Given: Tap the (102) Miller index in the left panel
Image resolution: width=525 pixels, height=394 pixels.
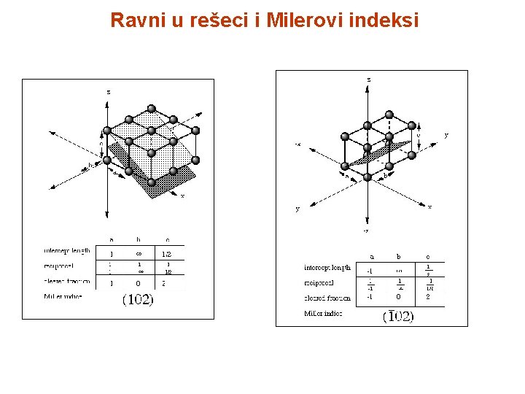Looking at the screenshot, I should [137, 300].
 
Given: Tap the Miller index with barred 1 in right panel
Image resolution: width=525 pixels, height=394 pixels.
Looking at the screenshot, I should [397, 316].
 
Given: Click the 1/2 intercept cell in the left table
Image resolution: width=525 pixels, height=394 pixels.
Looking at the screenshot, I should [167, 253].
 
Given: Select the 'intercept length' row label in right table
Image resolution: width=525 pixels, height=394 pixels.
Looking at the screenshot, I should [327, 267].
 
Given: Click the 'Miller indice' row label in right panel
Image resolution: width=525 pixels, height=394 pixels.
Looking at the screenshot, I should [323, 314].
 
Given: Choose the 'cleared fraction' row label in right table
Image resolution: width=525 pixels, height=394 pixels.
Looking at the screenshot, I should [327, 298].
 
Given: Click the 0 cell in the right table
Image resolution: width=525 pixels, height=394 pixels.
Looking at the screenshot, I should [399, 298].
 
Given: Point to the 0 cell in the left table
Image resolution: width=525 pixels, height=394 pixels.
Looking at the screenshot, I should [139, 283].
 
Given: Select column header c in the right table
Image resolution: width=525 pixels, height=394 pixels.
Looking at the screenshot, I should [428, 257].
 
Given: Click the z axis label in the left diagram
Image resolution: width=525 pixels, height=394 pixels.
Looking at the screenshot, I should [109, 92].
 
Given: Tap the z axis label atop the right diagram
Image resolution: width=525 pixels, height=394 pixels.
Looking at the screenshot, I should [368, 78].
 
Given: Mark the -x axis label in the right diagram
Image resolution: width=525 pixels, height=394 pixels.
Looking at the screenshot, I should [297, 144].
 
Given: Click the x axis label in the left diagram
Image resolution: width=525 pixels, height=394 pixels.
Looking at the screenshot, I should [182, 195].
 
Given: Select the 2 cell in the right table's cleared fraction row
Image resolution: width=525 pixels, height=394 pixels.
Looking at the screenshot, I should [428, 298].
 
